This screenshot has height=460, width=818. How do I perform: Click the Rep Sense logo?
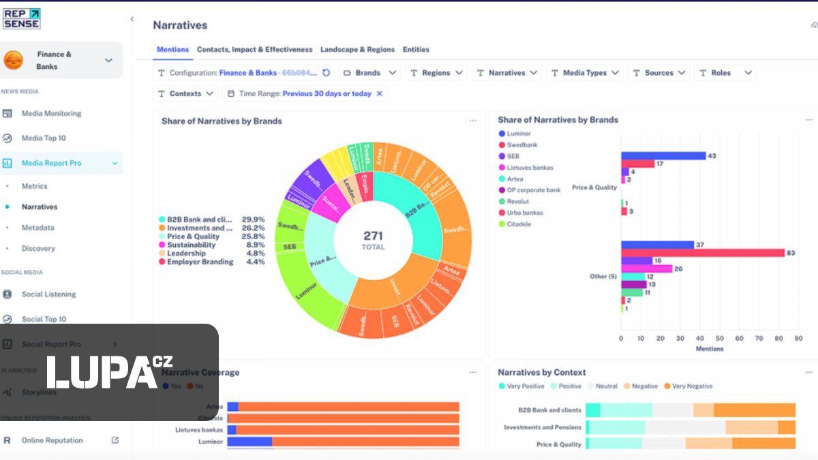coord(22,18)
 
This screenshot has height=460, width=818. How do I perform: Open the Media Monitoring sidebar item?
coord(51,114)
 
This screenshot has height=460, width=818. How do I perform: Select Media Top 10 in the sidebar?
coord(44,138)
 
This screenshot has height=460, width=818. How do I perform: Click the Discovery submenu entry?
coord(38,249)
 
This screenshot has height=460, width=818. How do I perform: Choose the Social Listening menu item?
coord(48,294)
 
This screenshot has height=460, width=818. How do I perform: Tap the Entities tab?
coord(416,50)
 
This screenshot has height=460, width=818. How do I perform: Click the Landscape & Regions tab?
coord(357,50)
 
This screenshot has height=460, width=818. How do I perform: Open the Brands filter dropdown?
coord(369,73)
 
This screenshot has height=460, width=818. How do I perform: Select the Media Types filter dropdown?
coord(585,73)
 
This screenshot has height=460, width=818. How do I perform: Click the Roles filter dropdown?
coord(725,73)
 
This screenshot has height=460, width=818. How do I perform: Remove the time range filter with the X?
coord(380,94)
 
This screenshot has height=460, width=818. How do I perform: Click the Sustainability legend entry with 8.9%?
coord(191,245)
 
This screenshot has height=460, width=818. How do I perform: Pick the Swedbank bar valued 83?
coord(703,253)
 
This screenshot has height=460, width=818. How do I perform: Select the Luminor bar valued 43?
coord(663,156)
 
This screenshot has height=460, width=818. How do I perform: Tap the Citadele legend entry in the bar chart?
coord(518,224)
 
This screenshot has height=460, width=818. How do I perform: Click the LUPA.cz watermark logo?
coord(109,372)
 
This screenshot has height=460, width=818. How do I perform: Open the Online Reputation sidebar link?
coord(52,441)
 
